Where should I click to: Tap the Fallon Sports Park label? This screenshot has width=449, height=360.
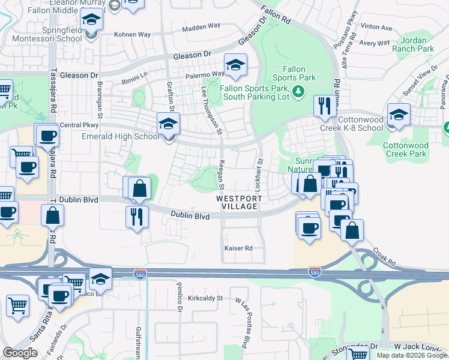tap(294, 74)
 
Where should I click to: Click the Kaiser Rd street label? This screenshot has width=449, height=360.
tap(238, 248)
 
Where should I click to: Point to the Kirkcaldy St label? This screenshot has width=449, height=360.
tap(205, 298)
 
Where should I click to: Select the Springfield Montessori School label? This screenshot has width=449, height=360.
tap(54, 34)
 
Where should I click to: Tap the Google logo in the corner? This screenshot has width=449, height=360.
tap(20, 353)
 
